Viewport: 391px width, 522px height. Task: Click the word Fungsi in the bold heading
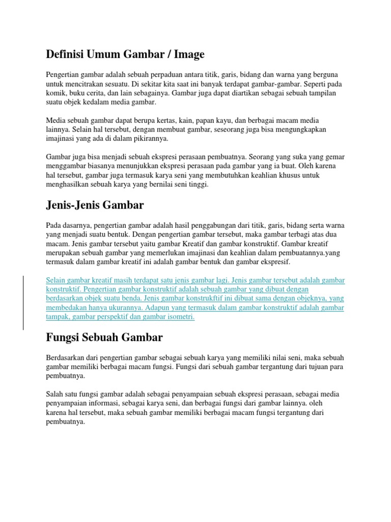click(x=64, y=337)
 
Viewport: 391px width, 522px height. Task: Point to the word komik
click(x=57, y=93)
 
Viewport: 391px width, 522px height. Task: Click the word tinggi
click(x=199, y=185)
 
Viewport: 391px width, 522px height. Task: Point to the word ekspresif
click(x=275, y=262)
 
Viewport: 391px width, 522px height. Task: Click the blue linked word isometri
click(x=180, y=317)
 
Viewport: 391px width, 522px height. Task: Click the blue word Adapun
click(x=156, y=307)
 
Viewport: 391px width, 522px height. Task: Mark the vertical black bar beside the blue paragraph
click(x=22, y=303)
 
